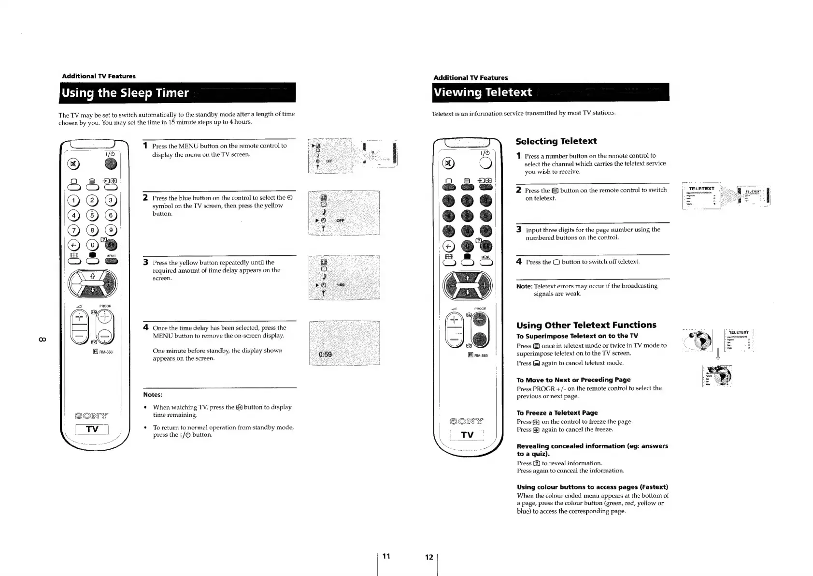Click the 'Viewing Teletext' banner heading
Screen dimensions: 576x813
483,92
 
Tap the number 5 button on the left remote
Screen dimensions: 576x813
92,216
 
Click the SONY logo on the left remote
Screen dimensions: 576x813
92,415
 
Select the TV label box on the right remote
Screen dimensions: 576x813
467,435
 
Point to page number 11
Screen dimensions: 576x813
386,556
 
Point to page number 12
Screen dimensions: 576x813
428,557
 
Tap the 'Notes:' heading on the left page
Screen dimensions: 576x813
153,395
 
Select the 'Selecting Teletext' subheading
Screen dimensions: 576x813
556,141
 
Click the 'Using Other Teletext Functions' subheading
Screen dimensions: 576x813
586,325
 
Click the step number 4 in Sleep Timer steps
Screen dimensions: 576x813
146,327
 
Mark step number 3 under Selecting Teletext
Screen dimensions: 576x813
519,229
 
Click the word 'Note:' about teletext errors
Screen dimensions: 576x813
524,286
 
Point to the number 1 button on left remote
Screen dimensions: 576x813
74,200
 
